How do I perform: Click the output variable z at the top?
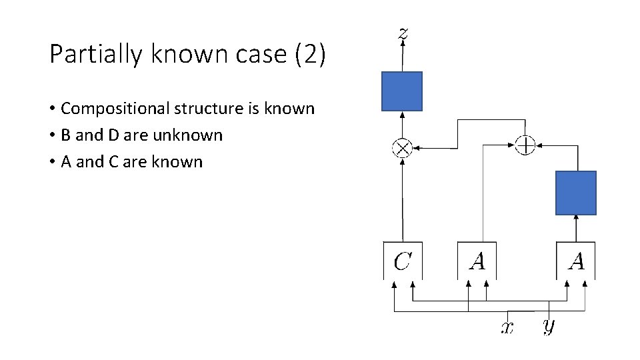(x=403, y=33)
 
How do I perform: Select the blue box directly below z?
(x=402, y=91)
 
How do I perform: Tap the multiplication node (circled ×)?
(x=403, y=148)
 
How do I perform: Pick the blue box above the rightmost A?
(x=576, y=193)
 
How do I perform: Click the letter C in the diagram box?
(x=402, y=261)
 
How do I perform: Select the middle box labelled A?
(x=477, y=261)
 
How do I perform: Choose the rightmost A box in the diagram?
(x=576, y=261)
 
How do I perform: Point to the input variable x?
(x=508, y=327)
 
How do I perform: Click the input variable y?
(x=548, y=326)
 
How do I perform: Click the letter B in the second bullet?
(x=66, y=135)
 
